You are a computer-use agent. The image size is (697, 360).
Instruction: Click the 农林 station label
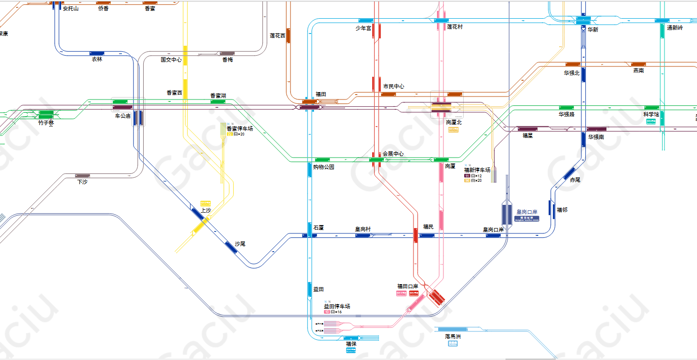pyautogui.click(x=97, y=60)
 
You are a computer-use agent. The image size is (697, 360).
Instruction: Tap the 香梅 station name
pyautogui.click(x=227, y=60)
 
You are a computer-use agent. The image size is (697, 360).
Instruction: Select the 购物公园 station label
pyautogui.click(x=324, y=167)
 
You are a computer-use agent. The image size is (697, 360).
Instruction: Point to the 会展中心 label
pyautogui.click(x=393, y=154)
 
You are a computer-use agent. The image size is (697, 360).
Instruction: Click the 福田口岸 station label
pyautogui.click(x=408, y=286)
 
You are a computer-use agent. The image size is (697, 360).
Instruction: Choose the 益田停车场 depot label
pyautogui.click(x=337, y=306)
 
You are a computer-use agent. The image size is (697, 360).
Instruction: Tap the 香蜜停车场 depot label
pyautogui.click(x=240, y=129)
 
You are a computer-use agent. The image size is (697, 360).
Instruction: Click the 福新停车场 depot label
pyautogui.click(x=477, y=170)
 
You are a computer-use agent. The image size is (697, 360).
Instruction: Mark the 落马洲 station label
pyautogui.click(x=452, y=336)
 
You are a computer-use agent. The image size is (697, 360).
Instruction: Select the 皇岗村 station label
pyautogui.click(x=363, y=229)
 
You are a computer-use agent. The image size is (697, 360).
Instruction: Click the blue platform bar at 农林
pyautogui.click(x=97, y=53)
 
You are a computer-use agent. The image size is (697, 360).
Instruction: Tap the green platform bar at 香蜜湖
pyautogui.click(x=218, y=101)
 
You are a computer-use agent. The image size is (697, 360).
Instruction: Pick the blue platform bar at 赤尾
pyautogui.click(x=569, y=173)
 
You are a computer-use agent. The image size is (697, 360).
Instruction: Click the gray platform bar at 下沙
pyautogui.click(x=82, y=176)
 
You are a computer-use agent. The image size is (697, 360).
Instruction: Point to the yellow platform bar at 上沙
pyautogui.click(x=201, y=226)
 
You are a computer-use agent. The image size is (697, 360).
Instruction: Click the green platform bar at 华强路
pyautogui.click(x=567, y=108)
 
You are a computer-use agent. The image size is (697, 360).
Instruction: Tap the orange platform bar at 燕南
pyautogui.click(x=638, y=65)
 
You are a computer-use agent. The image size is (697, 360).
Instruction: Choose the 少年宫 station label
pyautogui.click(x=363, y=28)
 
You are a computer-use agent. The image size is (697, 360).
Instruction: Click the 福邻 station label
pyautogui.click(x=562, y=210)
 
